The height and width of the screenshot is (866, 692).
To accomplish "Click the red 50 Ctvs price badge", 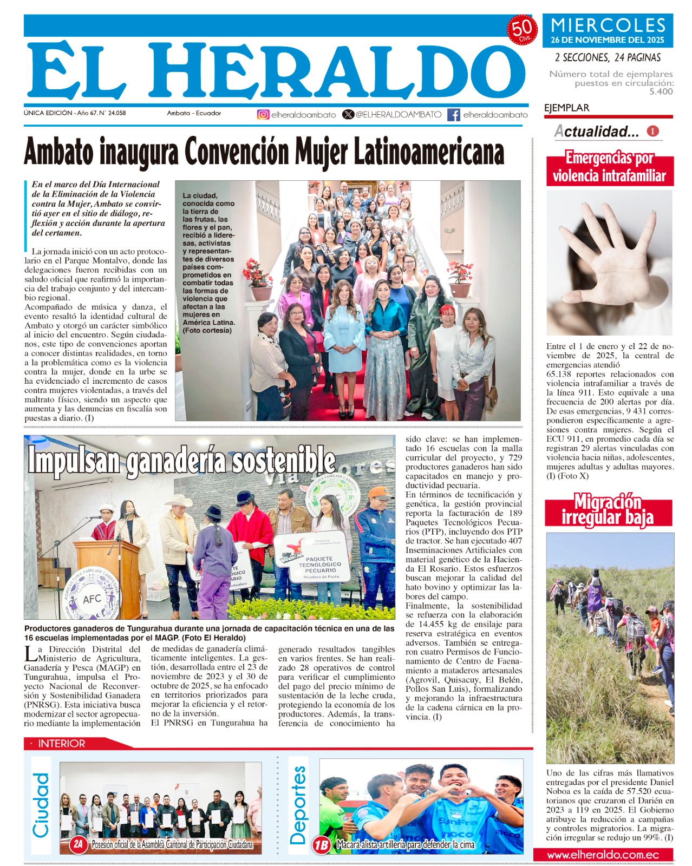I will point(522,30).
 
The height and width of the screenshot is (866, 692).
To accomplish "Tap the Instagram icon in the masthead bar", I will point(263,115).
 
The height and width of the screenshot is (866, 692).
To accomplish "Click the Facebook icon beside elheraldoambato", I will point(454,115).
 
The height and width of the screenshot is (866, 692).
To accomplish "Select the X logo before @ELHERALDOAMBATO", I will point(348,115).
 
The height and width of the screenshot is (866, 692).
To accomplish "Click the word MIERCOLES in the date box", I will point(608,25).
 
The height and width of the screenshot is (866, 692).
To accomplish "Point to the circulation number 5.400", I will point(661,91).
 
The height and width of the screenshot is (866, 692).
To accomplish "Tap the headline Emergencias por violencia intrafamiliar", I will point(609,168).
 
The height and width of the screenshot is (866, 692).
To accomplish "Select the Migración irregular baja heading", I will point(608,509).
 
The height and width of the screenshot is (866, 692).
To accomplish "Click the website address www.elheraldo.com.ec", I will point(603,855).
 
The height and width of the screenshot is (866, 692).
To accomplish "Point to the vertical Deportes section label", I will point(298,805).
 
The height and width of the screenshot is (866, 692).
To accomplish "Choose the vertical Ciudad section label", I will point(41,805).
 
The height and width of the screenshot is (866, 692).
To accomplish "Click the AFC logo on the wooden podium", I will point(92,599).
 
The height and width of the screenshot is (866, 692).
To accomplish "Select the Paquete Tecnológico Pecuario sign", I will point(319,563).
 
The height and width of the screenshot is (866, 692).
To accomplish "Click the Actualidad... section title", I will point(597,132).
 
